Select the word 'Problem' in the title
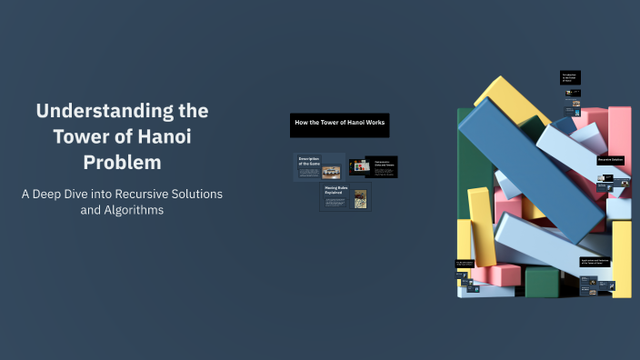(x=122, y=163)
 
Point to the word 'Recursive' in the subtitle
(x=125, y=195)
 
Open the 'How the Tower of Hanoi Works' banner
(x=339, y=123)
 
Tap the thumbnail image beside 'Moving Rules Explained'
(x=360, y=197)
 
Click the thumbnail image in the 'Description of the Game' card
(x=331, y=170)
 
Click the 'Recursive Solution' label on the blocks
(x=611, y=160)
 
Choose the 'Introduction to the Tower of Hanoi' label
(x=570, y=78)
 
